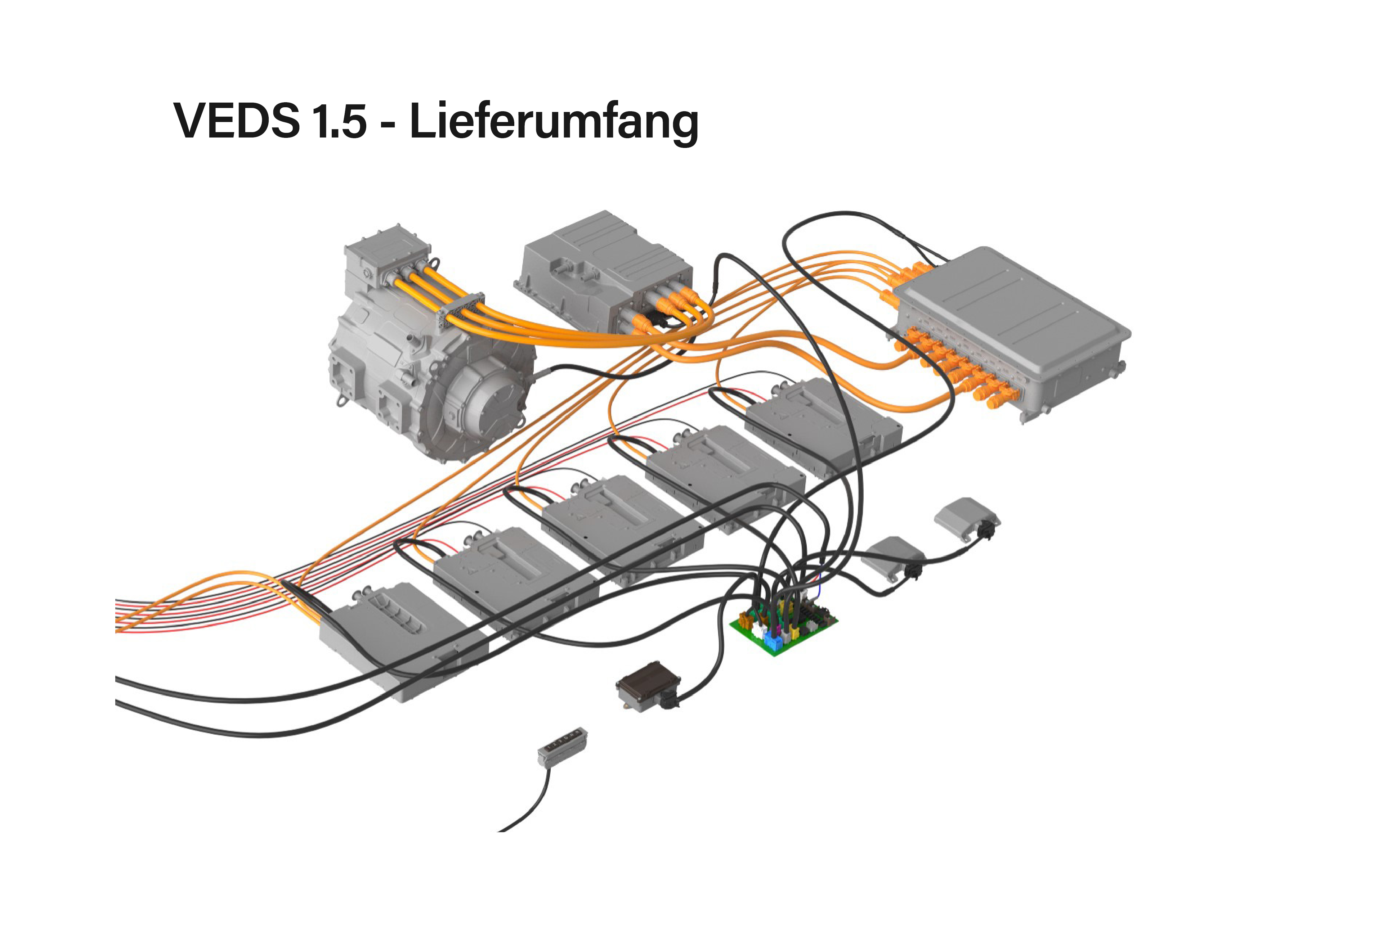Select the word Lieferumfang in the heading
pos(554,122)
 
